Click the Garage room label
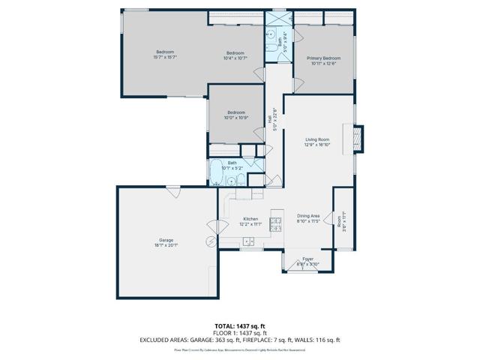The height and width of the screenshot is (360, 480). tap(167, 242)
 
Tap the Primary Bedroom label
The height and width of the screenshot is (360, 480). tap(323, 61)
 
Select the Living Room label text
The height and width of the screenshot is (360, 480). tap(317, 142)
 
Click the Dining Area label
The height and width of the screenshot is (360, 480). tap(308, 218)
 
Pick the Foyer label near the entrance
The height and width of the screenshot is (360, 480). tap(308, 262)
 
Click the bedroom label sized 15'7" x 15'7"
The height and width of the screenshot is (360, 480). tap(164, 55)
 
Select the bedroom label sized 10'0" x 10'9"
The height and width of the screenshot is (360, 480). tap(236, 115)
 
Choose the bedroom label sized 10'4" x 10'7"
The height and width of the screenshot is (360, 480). tap(235, 55)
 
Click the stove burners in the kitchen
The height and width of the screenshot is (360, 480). tap(275, 222)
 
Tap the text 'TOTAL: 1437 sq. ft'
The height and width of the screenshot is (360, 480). tap(239, 325)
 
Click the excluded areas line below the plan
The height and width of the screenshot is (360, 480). tap(239, 339)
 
